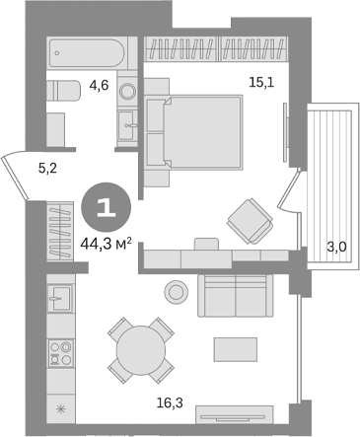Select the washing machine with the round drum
[x=127, y=91]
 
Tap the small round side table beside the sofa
[x=177, y=291]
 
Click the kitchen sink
[x=58, y=296]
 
